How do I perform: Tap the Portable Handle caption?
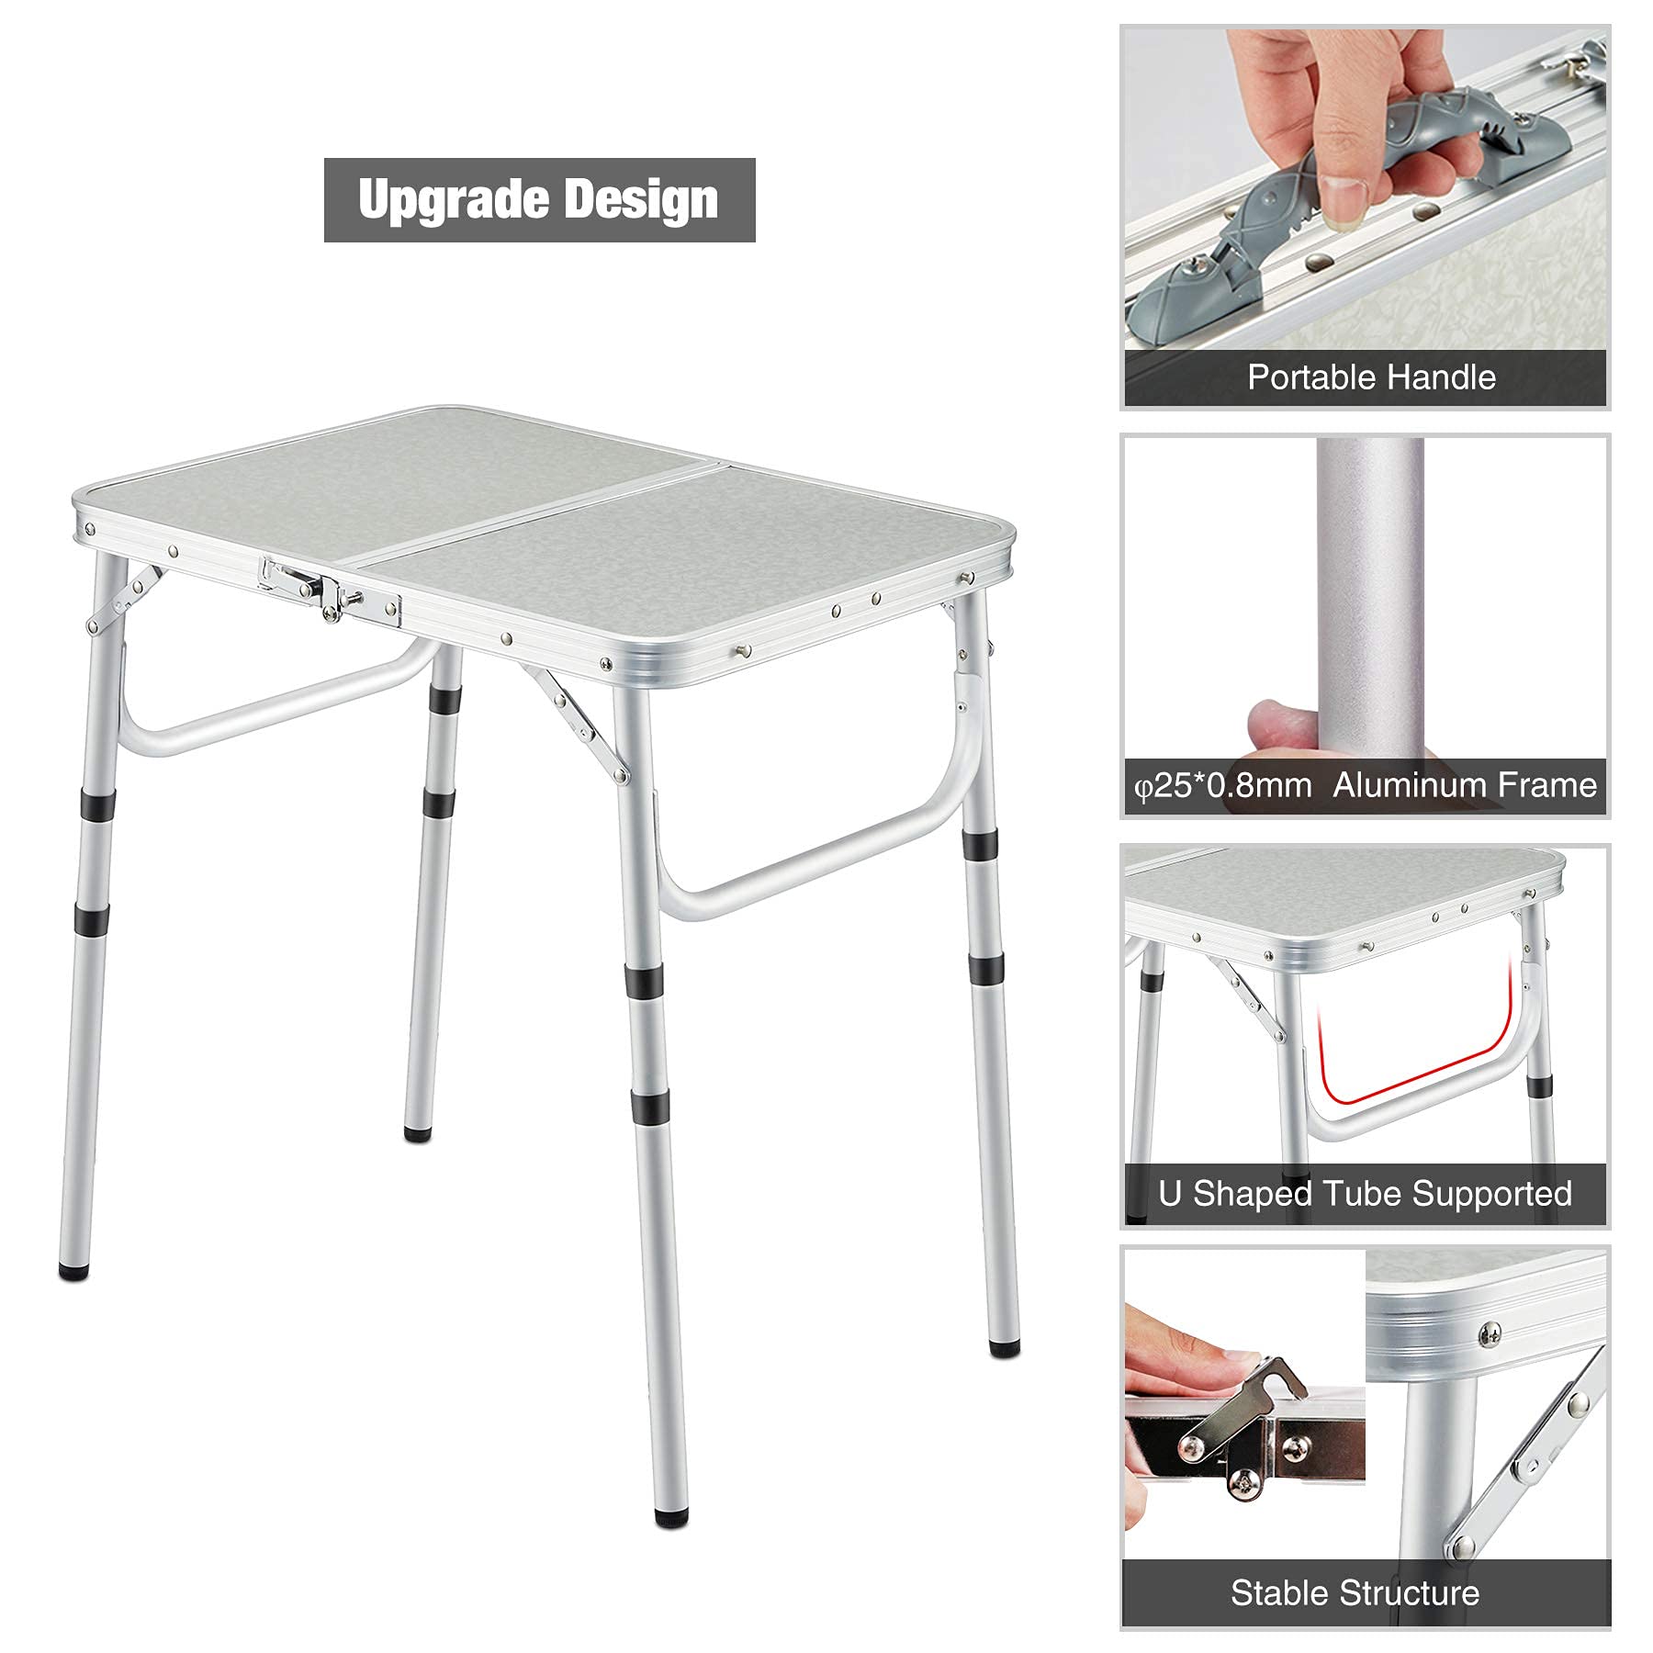[x=1371, y=377]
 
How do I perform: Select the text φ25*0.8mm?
[x=1223, y=786]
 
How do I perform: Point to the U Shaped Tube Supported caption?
[x=1366, y=1193]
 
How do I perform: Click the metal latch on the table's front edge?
[x=330, y=590]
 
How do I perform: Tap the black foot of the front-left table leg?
[x=73, y=1272]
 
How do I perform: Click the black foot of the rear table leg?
[x=418, y=1133]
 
